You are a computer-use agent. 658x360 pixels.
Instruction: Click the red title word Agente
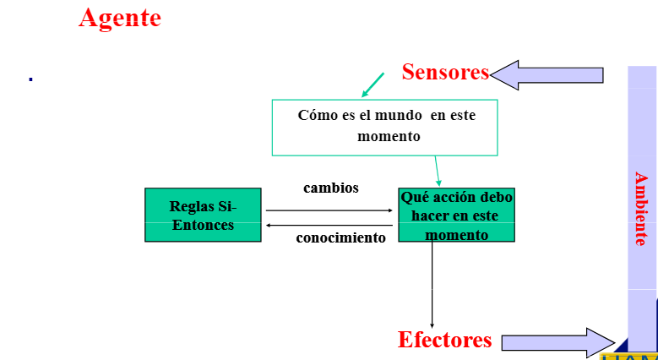119,18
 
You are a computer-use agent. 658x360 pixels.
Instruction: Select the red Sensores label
445,72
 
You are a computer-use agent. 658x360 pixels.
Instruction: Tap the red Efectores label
444,340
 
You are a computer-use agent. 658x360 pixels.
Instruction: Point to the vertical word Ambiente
641,209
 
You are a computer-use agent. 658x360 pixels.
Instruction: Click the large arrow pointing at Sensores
547,75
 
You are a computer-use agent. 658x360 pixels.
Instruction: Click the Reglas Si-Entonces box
203,215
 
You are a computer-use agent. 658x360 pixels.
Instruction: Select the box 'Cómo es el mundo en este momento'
384,127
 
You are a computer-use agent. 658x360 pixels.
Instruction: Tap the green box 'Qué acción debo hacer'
456,215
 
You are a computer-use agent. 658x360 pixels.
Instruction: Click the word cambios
331,188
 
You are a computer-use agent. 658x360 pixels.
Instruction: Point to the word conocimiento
340,237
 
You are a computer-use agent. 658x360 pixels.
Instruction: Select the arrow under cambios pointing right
329,210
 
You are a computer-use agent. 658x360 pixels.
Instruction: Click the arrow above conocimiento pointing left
329,226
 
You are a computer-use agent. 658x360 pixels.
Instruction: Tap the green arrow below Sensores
372,85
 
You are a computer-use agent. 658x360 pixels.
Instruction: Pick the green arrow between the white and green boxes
438,170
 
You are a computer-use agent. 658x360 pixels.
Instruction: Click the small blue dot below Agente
30,79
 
